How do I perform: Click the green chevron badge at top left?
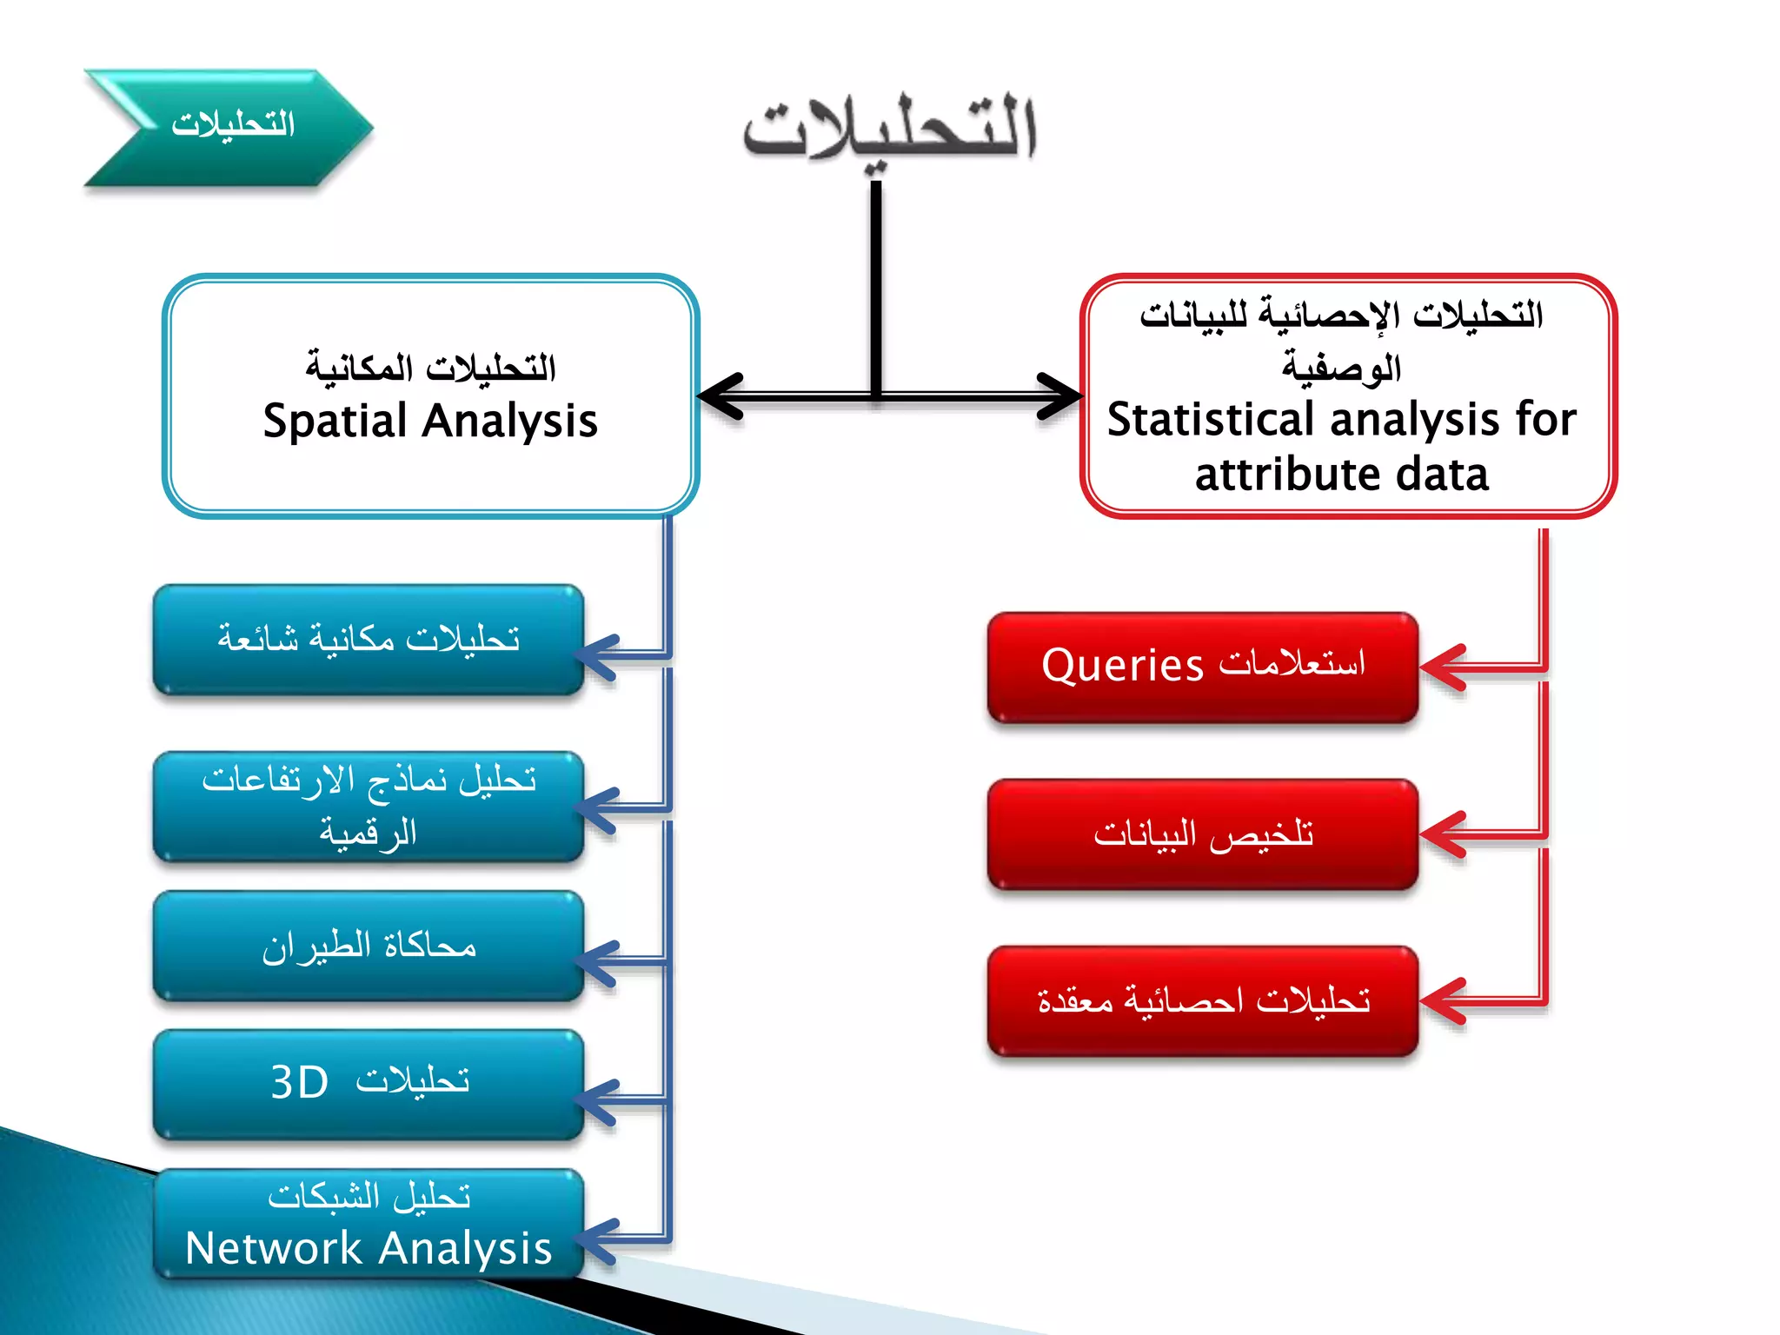tap(228, 128)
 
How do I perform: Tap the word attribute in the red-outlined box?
tap(1274, 475)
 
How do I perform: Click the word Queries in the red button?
tap(1122, 667)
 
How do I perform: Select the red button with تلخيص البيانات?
tap(1203, 834)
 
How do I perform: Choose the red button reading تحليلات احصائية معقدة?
tap(1203, 1001)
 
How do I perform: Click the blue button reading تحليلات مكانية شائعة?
tap(369, 640)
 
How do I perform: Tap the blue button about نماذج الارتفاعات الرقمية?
tap(369, 807)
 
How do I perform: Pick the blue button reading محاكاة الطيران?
tap(369, 946)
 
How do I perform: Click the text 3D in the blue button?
tap(299, 1083)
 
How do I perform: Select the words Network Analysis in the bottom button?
tap(369, 1249)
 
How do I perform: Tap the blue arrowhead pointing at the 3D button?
tap(598, 1102)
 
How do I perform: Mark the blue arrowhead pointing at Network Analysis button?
tap(598, 1240)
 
